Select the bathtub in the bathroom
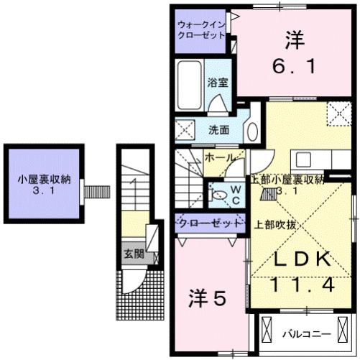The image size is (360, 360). (190, 86)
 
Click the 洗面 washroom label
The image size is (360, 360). (219, 131)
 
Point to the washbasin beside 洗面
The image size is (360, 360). (252, 131)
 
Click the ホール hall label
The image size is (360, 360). (219, 157)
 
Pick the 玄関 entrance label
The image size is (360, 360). (132, 254)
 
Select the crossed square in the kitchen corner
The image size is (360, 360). (336, 114)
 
